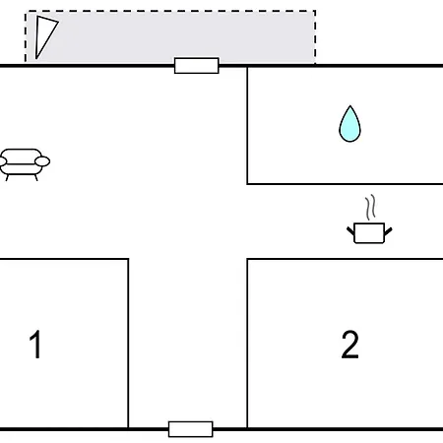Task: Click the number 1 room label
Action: [x=35, y=345]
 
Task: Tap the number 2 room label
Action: [x=349, y=345]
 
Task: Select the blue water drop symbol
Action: [x=349, y=124]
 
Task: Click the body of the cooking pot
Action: [x=369, y=233]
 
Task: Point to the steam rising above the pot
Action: [x=370, y=208]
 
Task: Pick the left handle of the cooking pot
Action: [x=350, y=231]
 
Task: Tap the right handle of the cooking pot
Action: [x=388, y=231]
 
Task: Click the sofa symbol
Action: [x=24, y=164]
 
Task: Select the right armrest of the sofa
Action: [x=42, y=161]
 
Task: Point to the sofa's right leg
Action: [x=35, y=177]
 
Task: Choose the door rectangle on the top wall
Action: [x=197, y=66]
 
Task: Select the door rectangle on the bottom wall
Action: [x=191, y=429]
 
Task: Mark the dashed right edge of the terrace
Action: [x=315, y=37]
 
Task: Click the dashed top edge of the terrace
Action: [x=170, y=11]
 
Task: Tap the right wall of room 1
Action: [x=128, y=344]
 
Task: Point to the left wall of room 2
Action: [x=247, y=344]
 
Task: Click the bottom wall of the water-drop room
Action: [x=345, y=184]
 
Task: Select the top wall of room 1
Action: [x=64, y=259]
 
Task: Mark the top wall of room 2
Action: [x=345, y=259]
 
